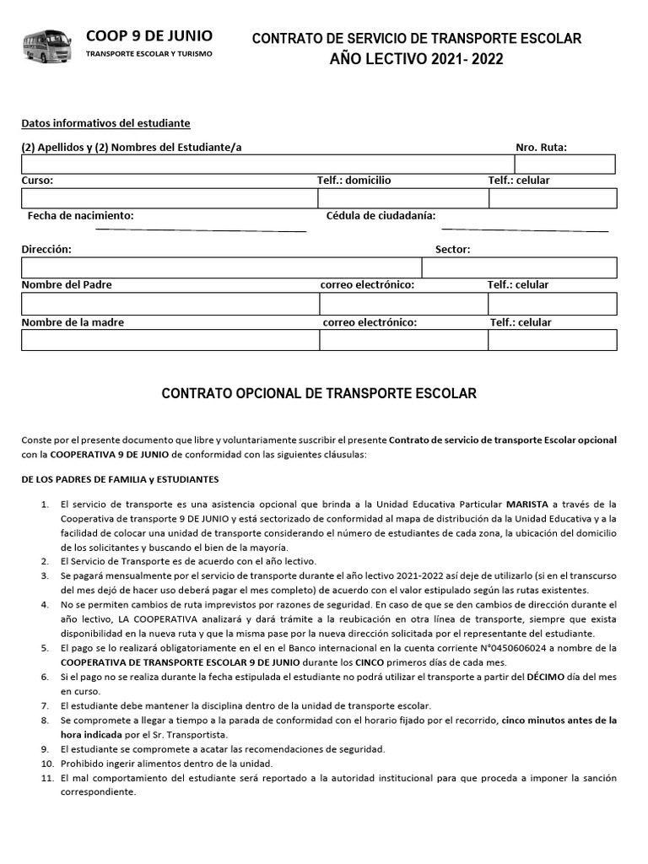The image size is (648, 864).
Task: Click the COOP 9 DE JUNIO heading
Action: tap(149, 35)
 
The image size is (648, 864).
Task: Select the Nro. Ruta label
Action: tap(541, 148)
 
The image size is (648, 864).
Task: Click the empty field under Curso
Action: tap(169, 198)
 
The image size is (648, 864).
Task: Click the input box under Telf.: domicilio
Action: tap(402, 198)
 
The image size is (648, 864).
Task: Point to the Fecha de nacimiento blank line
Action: tap(200, 229)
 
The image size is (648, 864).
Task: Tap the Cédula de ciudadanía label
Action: tap(381, 216)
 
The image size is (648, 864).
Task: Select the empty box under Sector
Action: tap(519, 268)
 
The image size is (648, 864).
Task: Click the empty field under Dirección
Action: tap(221, 268)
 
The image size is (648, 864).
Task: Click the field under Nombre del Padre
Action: tap(170, 304)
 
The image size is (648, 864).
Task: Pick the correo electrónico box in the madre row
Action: tap(402, 340)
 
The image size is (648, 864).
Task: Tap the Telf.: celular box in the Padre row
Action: tap(552, 304)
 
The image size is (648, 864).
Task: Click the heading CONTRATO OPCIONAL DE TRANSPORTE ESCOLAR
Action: tap(319, 394)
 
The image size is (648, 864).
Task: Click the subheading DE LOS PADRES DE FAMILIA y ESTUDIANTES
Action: tap(120, 479)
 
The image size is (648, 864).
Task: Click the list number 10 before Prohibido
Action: tap(45, 763)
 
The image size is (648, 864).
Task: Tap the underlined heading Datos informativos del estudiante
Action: tap(105, 123)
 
